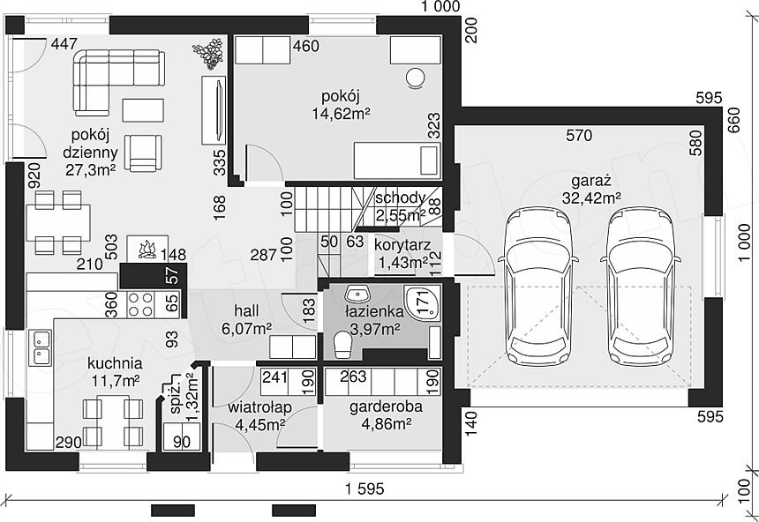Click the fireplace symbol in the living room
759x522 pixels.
(x=147, y=249)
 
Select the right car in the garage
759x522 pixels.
(x=642, y=287)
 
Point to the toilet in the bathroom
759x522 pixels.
(x=342, y=345)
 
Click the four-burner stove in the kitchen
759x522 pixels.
(x=140, y=304)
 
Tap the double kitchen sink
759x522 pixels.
(x=41, y=347)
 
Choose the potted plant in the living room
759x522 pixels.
(x=208, y=53)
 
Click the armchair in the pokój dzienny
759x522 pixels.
(x=143, y=153)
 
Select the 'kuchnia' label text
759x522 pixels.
(x=115, y=362)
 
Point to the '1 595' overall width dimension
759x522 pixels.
(x=365, y=488)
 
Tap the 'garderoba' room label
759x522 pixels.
(x=386, y=406)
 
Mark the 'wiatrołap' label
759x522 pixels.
(x=259, y=408)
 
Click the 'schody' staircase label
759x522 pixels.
(x=401, y=198)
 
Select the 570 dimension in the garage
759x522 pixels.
(x=579, y=135)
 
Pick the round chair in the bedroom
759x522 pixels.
(x=416, y=78)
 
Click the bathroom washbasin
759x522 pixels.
(x=357, y=293)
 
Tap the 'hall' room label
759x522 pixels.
(x=246, y=310)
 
